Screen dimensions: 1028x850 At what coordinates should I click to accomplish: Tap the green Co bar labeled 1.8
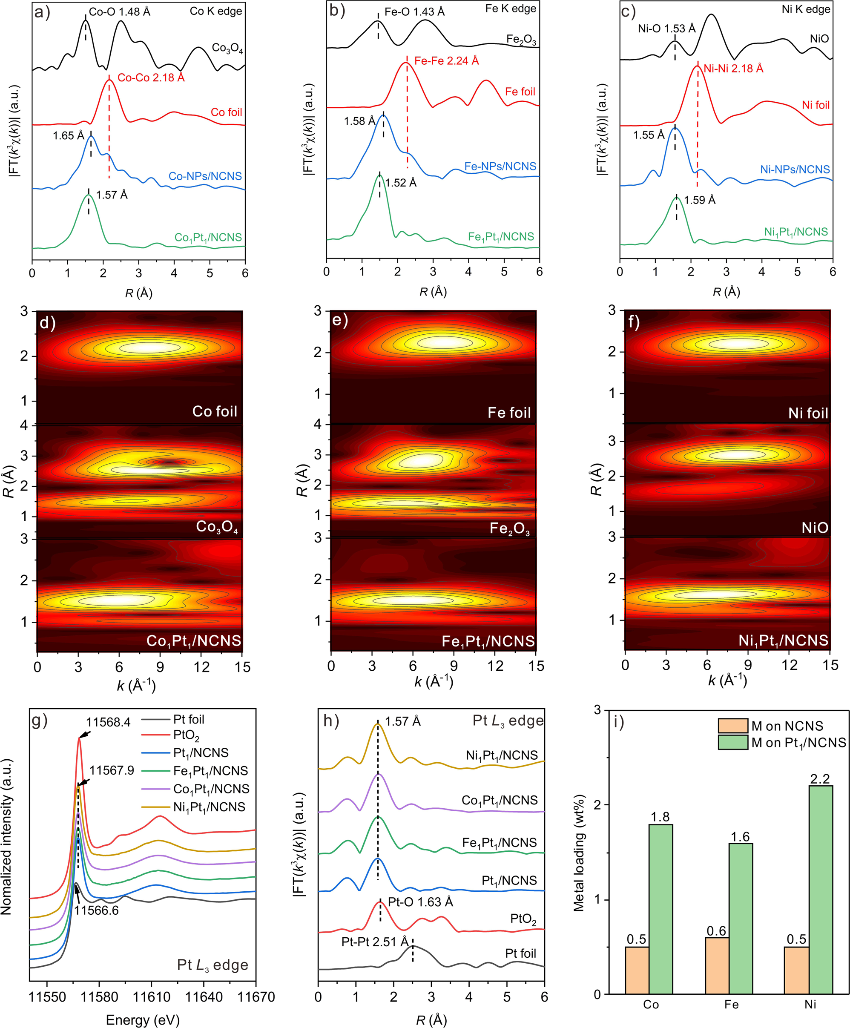pos(660,910)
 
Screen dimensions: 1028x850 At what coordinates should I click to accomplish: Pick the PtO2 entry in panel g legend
pos(186,735)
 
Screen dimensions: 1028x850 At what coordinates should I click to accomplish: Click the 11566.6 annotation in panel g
pos(97,910)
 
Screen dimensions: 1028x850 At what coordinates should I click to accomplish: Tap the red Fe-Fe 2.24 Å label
pos(446,61)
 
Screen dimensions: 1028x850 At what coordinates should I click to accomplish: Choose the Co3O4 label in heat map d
pos(217,527)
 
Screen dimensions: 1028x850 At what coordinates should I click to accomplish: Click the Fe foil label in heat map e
pos(509,413)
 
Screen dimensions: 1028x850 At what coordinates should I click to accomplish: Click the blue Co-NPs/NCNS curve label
pos(205,176)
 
